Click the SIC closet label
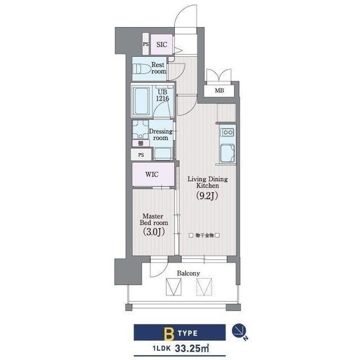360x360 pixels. pyautogui.click(x=161, y=44)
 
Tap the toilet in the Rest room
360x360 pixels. pyautogui.click(x=141, y=69)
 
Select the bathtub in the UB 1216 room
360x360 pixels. pyautogui.click(x=141, y=101)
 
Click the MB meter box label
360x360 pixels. pyautogui.click(x=219, y=91)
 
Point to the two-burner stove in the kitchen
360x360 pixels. pyautogui.click(x=227, y=132)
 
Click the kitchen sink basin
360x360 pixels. pyautogui.click(x=227, y=153)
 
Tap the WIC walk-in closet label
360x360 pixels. pyautogui.click(x=152, y=174)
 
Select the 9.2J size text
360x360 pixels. pyautogui.click(x=207, y=196)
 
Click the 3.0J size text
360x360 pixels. pyautogui.click(x=154, y=232)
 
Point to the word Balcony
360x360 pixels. pyautogui.click(x=188, y=273)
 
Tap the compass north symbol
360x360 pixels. pyautogui.click(x=239, y=331)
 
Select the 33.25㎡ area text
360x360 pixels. pyautogui.click(x=192, y=348)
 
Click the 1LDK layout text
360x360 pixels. pyautogui.click(x=161, y=349)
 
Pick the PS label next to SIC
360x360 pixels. pyautogui.click(x=146, y=44)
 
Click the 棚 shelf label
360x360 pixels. pyautogui.click(x=141, y=143)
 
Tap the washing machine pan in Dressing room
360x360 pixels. pyautogui.click(x=163, y=154)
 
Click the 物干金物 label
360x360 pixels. pyautogui.click(x=204, y=235)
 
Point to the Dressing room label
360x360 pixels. pyautogui.click(x=161, y=134)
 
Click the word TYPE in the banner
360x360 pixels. pyautogui.click(x=187, y=333)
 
